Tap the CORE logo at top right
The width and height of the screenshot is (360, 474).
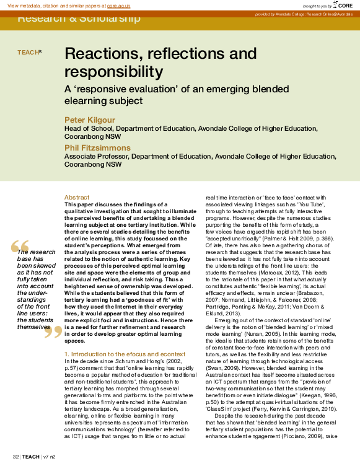pos(346,5)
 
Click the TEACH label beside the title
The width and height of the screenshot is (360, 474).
pos(29,53)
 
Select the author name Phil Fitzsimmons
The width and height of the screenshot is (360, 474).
pos(98,147)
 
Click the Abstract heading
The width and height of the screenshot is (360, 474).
pos(77,198)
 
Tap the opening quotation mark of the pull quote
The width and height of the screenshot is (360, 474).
pos(20,247)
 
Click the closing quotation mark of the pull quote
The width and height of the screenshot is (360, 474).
pos(53,333)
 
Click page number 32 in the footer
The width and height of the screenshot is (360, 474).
pos(15,457)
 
